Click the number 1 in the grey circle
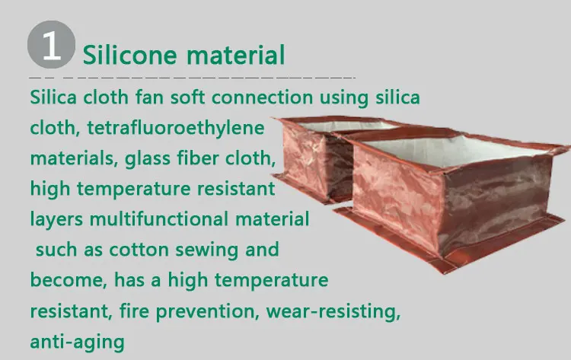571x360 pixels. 51,46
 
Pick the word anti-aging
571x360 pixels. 77,342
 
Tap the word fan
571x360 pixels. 154,97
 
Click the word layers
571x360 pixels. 57,219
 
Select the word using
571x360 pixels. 340,98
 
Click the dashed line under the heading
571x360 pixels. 190,78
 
